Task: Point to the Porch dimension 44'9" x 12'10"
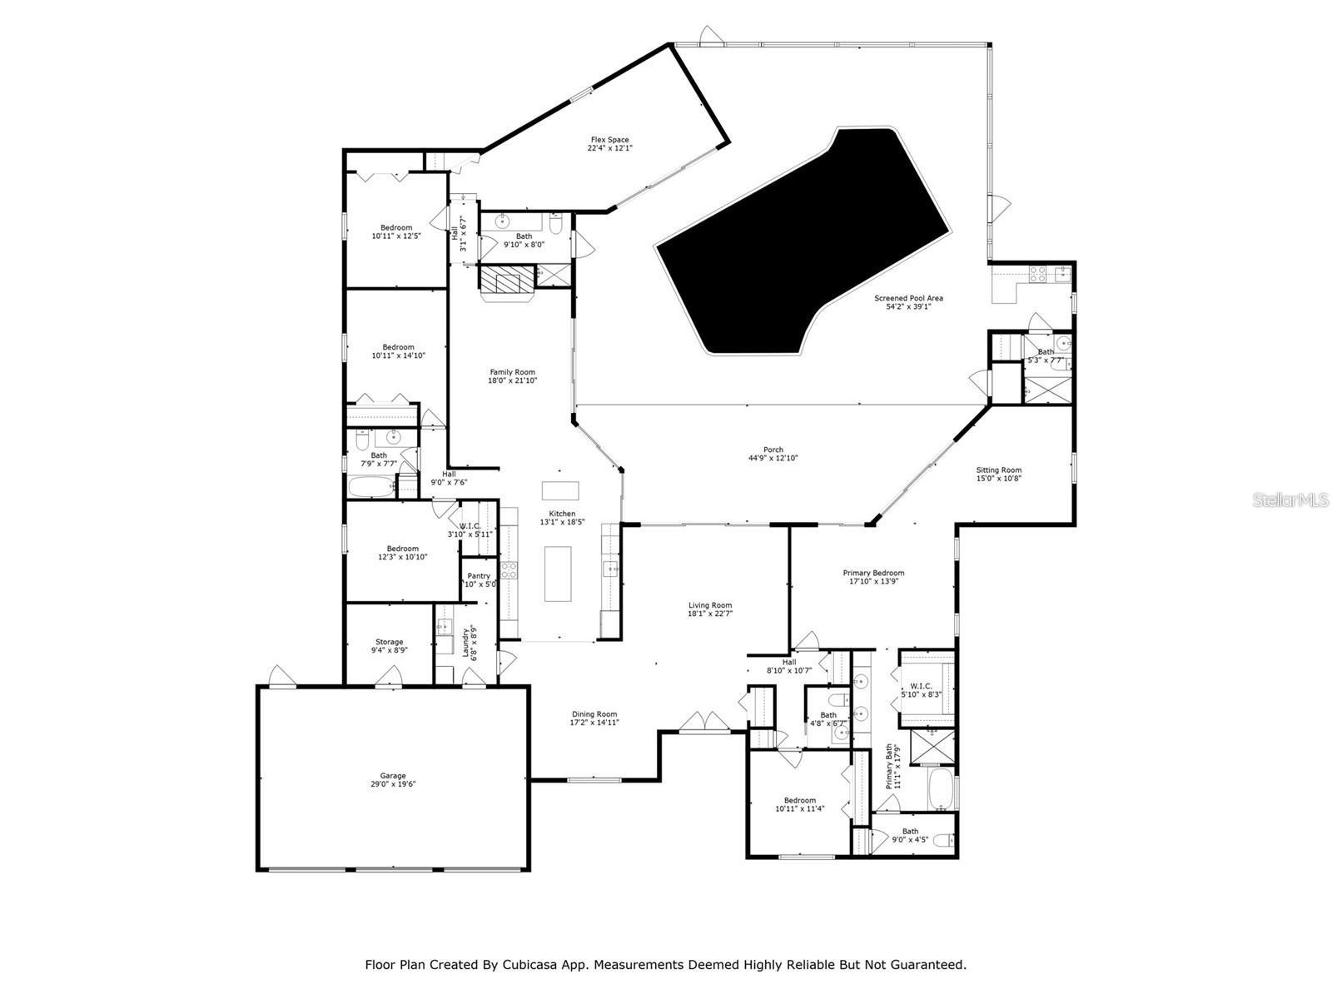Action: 773,459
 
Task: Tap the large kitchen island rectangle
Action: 558,574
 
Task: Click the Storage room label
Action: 389,642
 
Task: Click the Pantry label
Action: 479,576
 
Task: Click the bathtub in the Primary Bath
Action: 941,789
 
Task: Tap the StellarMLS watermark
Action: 1296,499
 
